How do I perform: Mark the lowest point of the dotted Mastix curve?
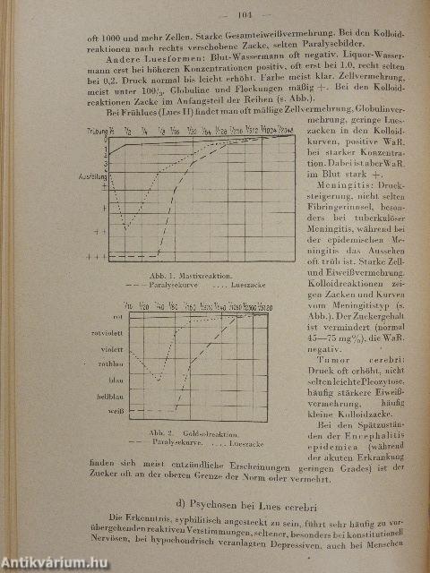click(126, 228)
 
